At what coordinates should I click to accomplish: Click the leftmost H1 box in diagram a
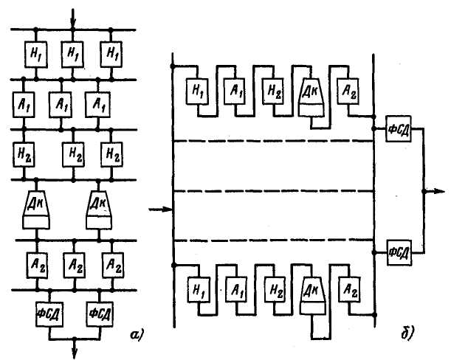coord(35,53)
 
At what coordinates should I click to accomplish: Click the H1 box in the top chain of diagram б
coord(197,91)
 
